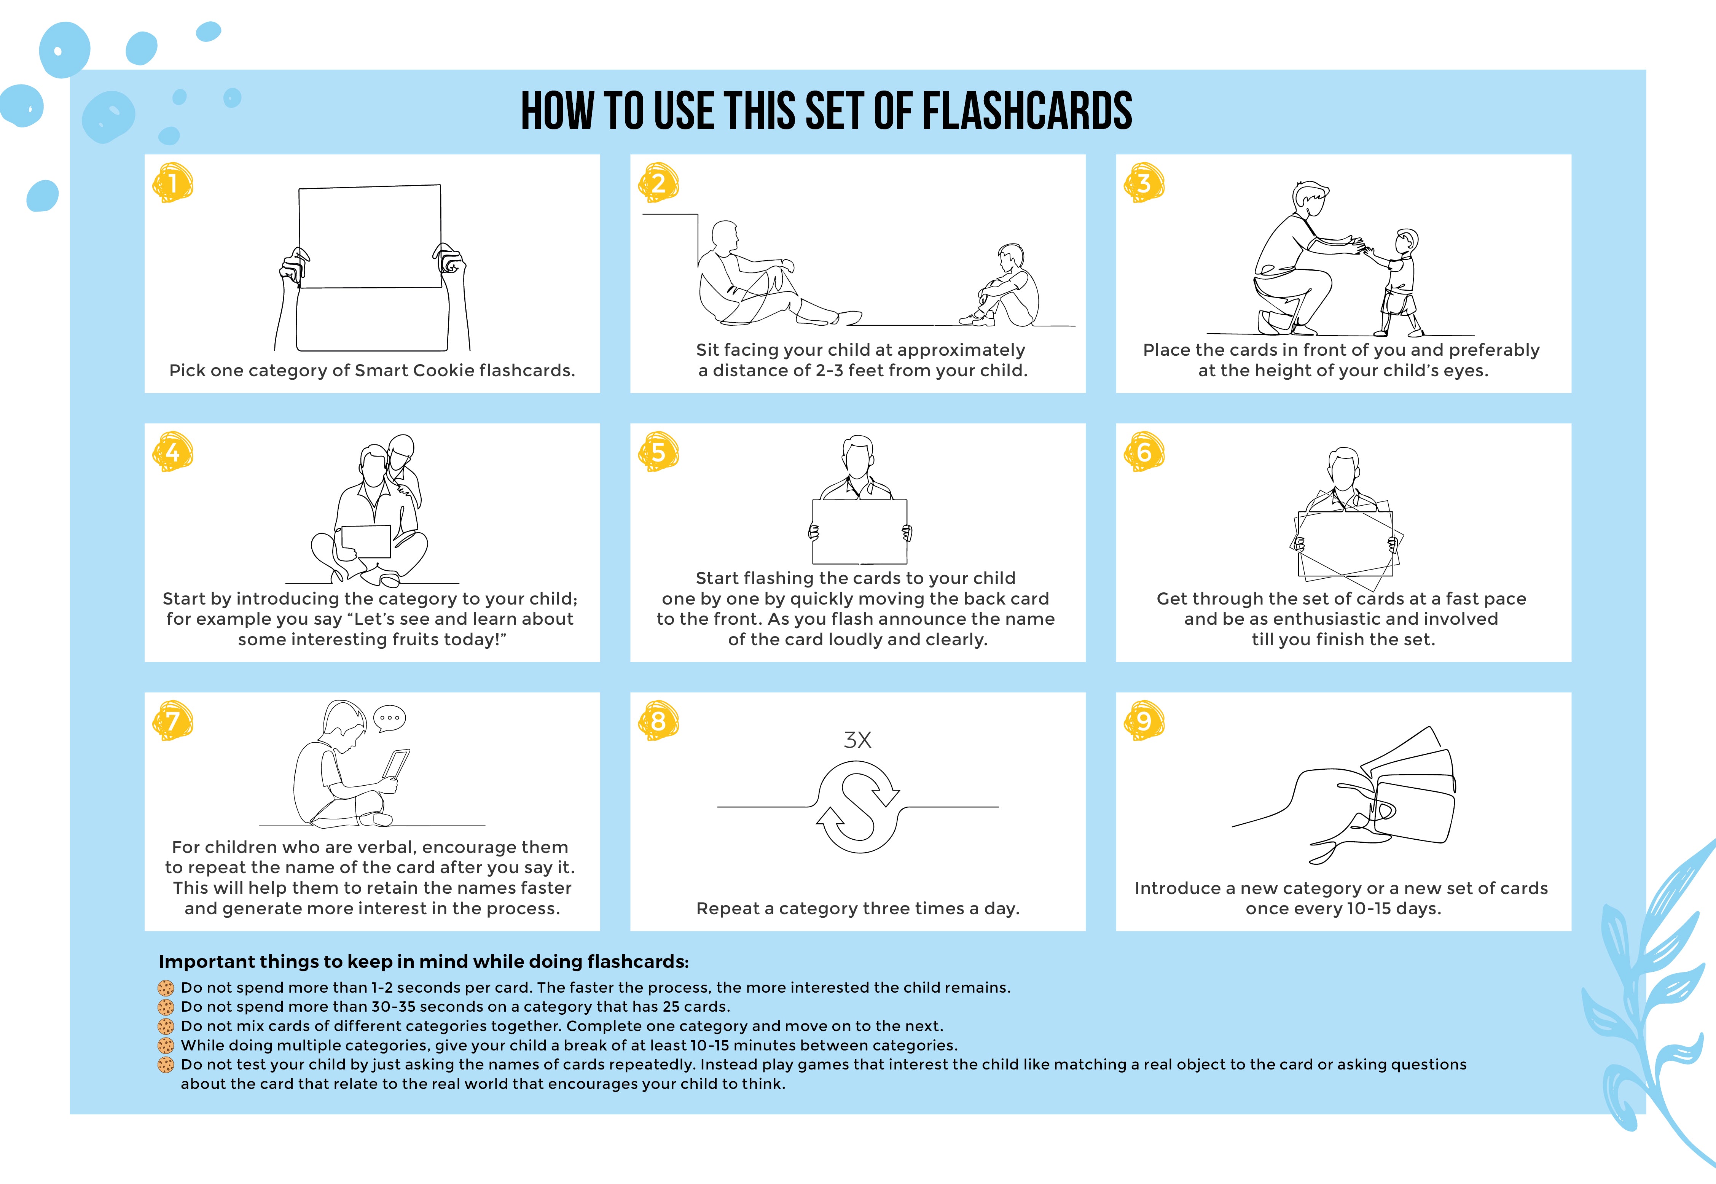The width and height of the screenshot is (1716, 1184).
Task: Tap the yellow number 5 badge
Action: pos(658,452)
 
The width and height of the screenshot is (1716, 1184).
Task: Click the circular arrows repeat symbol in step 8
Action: pos(858,807)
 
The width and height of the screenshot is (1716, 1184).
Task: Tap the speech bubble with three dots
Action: pos(389,718)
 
